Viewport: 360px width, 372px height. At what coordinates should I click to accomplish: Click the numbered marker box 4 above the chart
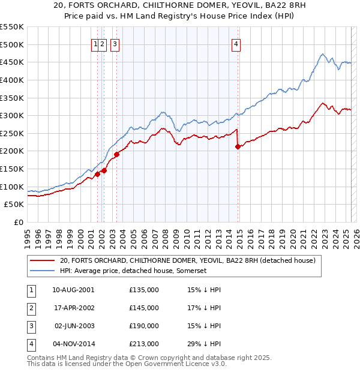point(236,43)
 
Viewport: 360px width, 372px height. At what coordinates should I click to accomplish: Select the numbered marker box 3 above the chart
point(114,43)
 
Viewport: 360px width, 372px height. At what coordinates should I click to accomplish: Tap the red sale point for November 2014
point(238,146)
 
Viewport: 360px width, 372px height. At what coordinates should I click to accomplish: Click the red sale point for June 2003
point(116,154)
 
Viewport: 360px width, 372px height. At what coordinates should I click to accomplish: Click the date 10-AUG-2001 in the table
point(73,290)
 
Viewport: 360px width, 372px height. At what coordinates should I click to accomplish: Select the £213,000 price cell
point(144,344)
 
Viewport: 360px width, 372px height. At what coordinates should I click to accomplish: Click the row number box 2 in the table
point(30,308)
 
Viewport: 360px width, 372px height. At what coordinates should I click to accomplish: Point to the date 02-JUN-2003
point(73,326)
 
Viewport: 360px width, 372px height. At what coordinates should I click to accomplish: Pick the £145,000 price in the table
point(144,308)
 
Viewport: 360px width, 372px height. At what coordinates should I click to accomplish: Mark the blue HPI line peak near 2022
point(322,55)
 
